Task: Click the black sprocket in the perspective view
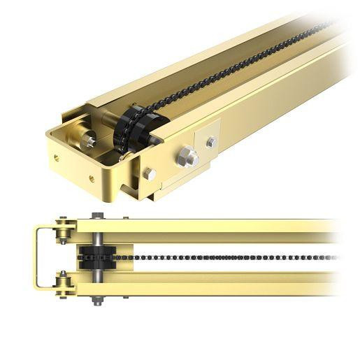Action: point(137,129)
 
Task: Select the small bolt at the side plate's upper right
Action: point(211,143)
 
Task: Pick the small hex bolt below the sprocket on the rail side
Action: point(150,174)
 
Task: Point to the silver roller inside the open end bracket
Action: point(88,140)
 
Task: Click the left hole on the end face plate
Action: point(56,158)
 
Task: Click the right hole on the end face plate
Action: point(91,178)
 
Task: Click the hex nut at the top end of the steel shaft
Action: point(97,216)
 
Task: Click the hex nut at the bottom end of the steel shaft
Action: point(97,301)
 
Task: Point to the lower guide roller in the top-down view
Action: point(64,285)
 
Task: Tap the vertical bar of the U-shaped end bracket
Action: point(36,257)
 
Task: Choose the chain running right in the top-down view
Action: point(224,257)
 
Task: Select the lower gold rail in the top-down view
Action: point(210,287)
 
